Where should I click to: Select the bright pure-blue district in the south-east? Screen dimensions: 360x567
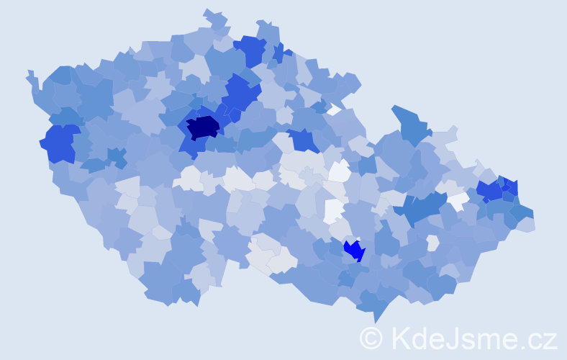tap(354, 251)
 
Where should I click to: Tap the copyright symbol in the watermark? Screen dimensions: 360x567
tap(371, 337)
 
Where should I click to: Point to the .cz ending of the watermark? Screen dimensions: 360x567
tap(540, 338)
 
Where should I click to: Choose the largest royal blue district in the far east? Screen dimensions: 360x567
tap(489, 191)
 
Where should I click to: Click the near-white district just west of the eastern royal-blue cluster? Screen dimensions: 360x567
tap(458, 202)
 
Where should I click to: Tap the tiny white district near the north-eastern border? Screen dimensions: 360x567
tap(333, 110)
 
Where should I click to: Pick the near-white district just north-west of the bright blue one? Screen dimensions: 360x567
tap(333, 210)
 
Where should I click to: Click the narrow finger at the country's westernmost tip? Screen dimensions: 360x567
tap(32, 78)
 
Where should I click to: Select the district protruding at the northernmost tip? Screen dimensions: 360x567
tap(214, 17)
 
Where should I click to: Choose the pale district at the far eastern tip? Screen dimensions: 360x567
tap(526, 224)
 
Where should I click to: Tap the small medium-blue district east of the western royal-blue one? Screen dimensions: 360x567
tap(116, 156)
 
